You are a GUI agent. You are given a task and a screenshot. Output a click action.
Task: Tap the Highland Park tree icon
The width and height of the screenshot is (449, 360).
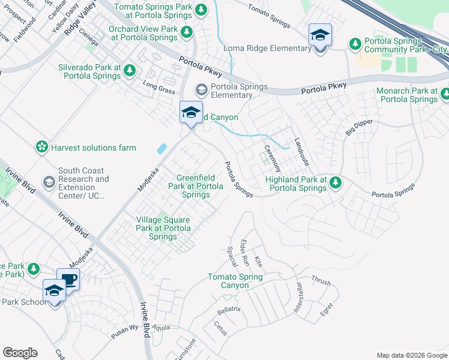(336, 183)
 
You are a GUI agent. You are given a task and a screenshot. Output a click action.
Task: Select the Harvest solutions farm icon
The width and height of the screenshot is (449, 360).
(41, 148)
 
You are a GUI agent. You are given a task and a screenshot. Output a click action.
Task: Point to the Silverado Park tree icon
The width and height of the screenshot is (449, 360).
(129, 72)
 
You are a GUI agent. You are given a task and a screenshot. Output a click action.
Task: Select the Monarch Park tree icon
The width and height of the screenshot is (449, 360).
(445, 94)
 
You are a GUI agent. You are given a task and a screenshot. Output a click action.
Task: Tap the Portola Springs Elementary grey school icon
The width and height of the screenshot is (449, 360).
(201, 91)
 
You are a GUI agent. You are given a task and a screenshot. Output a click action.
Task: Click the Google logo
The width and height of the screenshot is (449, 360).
(20, 353)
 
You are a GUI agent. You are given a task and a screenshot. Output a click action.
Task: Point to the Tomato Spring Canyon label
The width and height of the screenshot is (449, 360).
(235, 281)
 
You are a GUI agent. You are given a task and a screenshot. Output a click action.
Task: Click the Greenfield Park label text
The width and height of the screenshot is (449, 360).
(196, 186)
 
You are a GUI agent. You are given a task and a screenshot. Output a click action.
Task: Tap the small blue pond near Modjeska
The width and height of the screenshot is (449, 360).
(161, 148)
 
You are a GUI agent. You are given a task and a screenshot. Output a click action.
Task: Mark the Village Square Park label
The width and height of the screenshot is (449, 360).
(163, 228)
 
